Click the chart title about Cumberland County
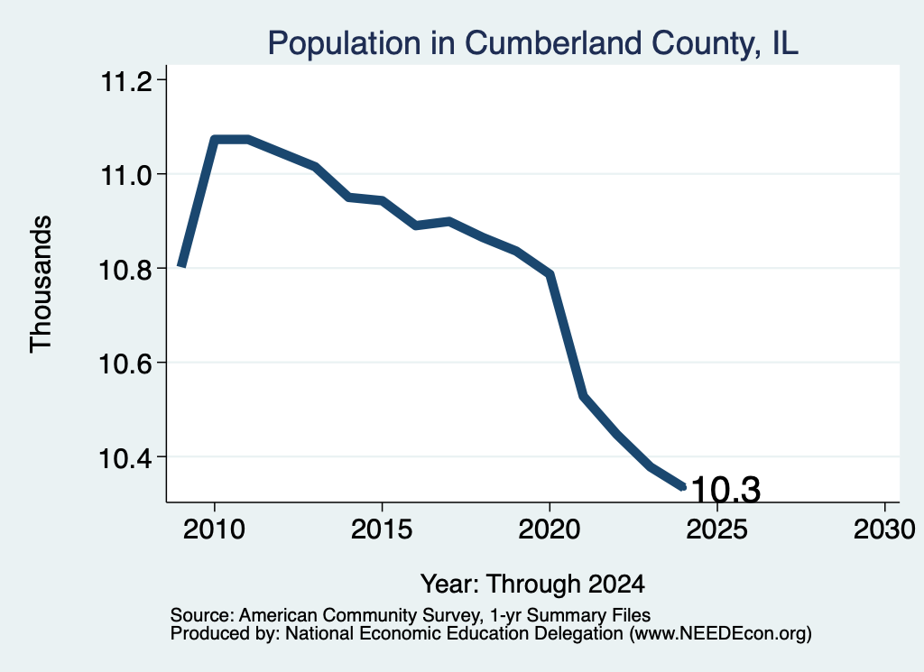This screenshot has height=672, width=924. click(532, 43)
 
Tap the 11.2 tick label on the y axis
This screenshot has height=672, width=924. click(126, 81)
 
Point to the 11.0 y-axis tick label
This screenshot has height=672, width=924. click(126, 175)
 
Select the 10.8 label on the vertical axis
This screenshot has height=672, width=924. click(125, 269)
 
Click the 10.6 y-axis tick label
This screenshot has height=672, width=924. click(125, 364)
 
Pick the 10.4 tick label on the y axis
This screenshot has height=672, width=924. click(125, 457)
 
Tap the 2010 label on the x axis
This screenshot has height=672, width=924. click(214, 529)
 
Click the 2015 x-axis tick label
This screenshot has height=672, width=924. click(382, 529)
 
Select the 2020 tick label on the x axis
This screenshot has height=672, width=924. click(550, 529)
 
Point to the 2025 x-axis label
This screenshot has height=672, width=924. click(716, 529)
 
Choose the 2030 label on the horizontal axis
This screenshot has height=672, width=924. click(884, 529)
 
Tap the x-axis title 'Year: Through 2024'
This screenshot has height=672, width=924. click(532, 584)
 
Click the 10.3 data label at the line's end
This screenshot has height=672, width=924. click(725, 490)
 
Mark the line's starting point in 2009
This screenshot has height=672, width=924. click(182, 265)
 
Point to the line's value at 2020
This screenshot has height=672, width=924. click(550, 274)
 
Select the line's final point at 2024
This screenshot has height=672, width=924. click(683, 486)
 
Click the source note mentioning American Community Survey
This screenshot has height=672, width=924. click(411, 615)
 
